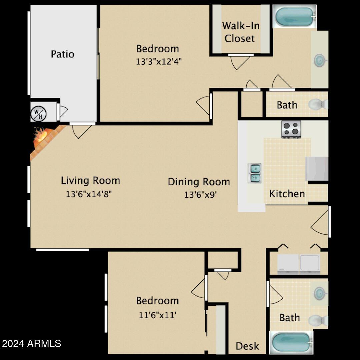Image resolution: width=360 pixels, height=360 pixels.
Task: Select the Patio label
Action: [62, 54]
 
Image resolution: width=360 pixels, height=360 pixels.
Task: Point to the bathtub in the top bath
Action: [294, 16]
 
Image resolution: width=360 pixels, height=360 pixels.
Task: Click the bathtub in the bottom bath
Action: [291, 342]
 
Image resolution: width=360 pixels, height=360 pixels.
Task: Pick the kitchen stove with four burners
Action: [291, 129]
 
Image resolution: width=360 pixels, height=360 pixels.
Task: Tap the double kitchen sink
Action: [254, 173]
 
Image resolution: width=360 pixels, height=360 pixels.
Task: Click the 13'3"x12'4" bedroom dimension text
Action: [159, 62]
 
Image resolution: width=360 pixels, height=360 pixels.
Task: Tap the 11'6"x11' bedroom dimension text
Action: [157, 315]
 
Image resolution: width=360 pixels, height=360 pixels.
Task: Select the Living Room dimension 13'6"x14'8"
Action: [89, 194]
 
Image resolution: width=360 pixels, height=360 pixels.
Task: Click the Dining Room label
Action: [199, 182]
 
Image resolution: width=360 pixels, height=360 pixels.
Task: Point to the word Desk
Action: [247, 346]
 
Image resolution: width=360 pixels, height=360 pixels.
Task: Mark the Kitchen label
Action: [287, 194]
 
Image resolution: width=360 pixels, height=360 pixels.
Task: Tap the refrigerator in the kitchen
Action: [317, 169]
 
